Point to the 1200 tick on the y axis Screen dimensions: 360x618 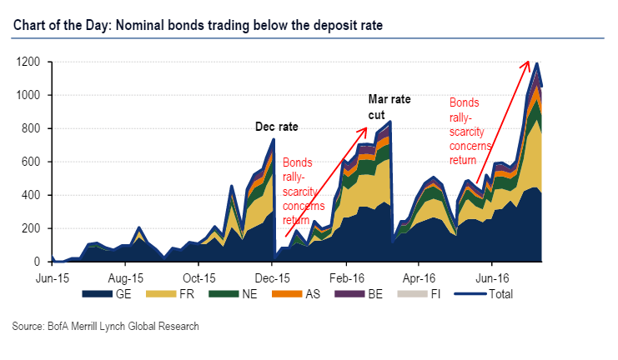[x=28, y=62]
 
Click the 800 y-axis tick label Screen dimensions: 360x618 [x=31, y=129]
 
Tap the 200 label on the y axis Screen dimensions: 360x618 [x=31, y=228]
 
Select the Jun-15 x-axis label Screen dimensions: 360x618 [x=52, y=276]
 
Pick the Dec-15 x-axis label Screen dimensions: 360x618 [x=273, y=276]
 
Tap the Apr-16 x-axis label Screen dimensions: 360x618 [x=420, y=276]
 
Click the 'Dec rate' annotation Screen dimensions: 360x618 [x=276, y=127]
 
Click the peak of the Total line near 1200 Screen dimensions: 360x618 [x=537, y=63]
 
